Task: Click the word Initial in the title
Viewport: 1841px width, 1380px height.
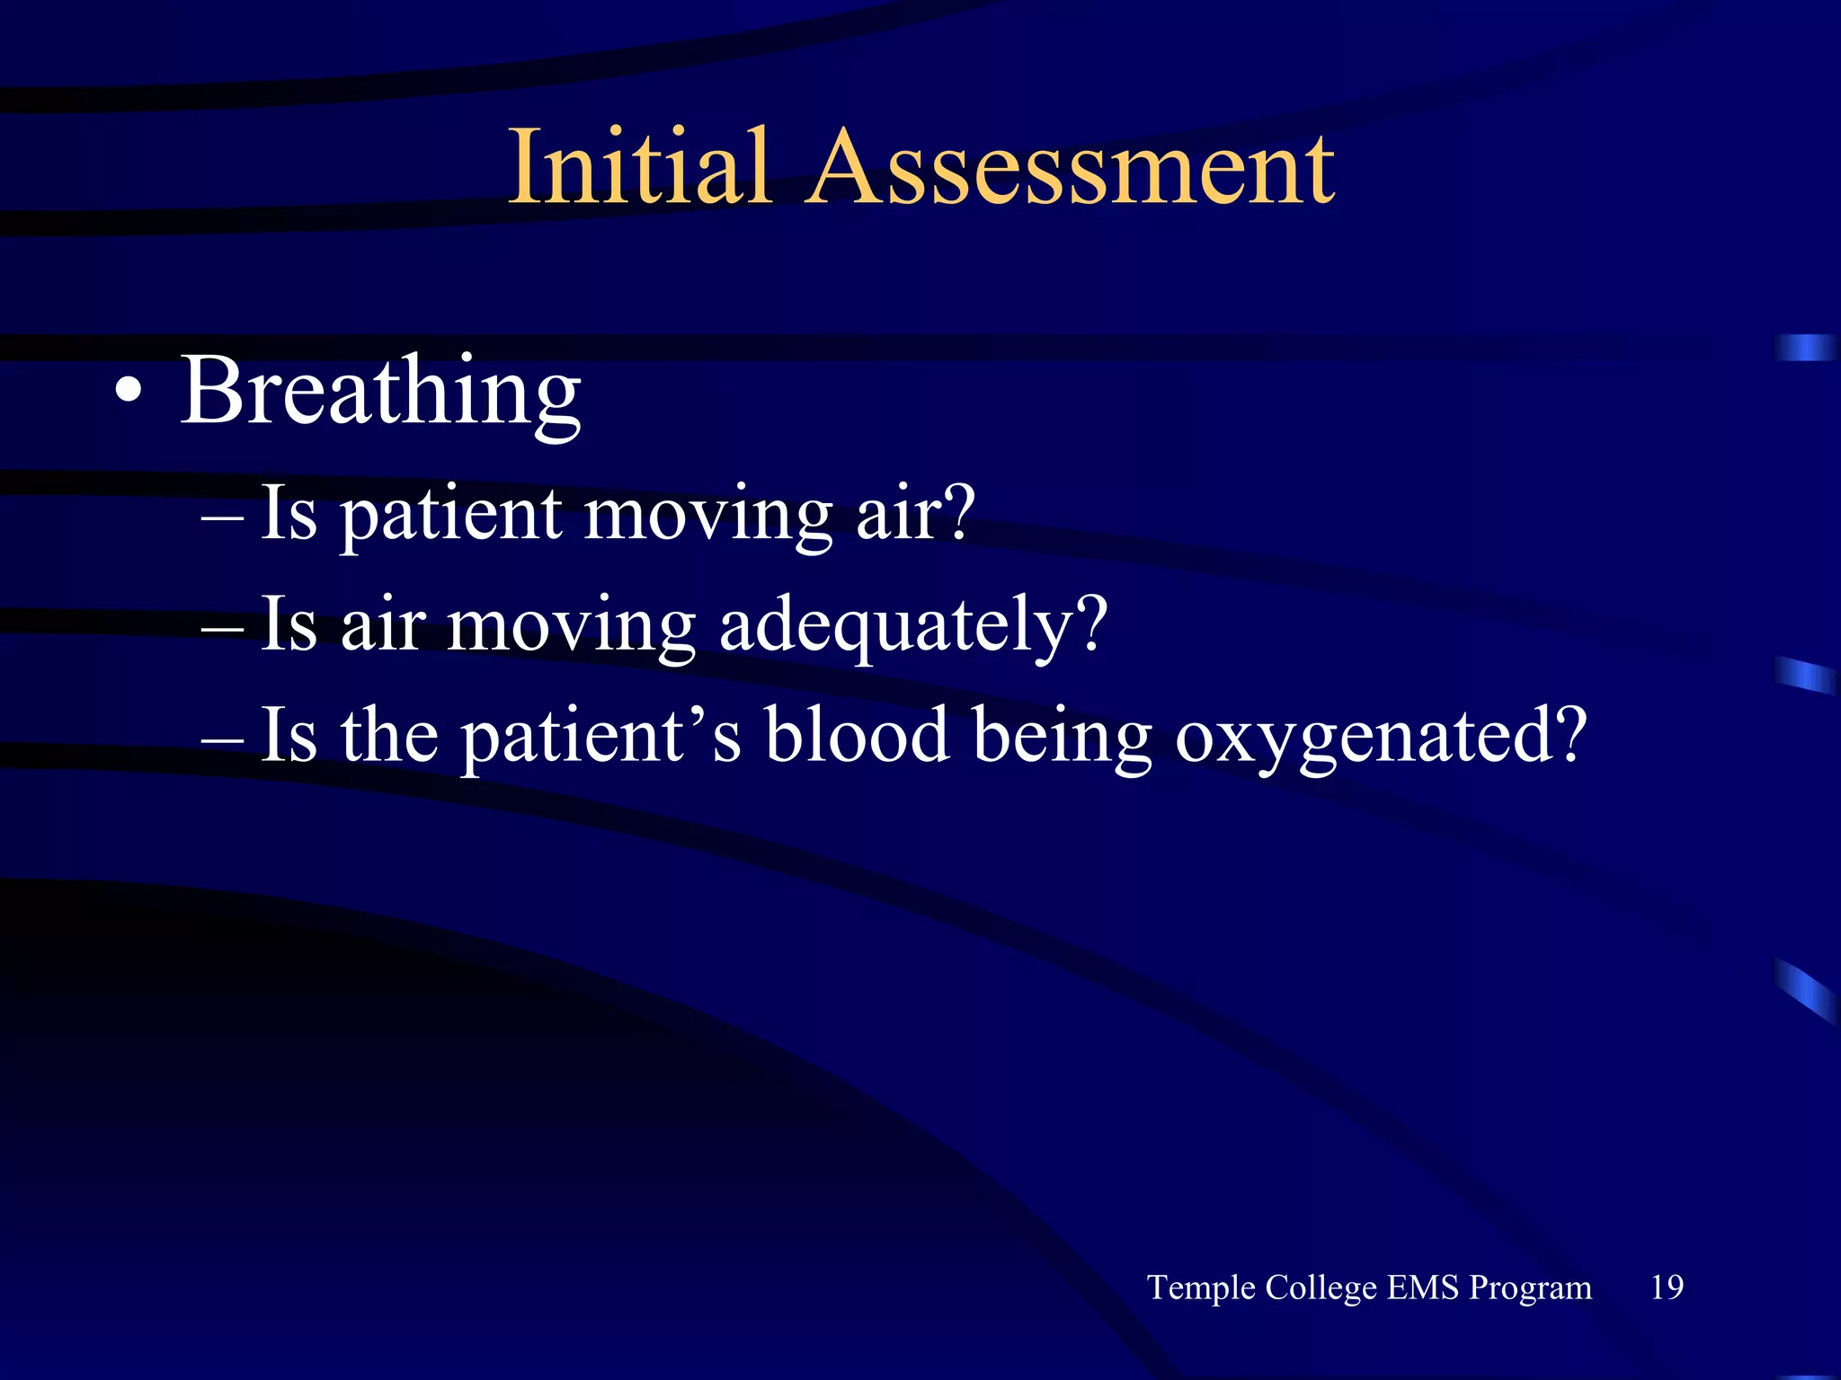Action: pyautogui.click(x=639, y=168)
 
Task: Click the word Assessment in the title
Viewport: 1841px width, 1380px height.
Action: pyautogui.click(x=1070, y=168)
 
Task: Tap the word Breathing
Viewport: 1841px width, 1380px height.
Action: pyautogui.click(x=381, y=393)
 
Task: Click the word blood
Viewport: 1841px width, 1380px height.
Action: pyautogui.click(x=857, y=735)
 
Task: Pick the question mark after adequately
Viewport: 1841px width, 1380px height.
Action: pyautogui.click(x=1091, y=624)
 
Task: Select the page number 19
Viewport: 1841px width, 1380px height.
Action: pyautogui.click(x=1667, y=1287)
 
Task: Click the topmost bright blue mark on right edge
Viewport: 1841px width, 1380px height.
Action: pyautogui.click(x=1805, y=348)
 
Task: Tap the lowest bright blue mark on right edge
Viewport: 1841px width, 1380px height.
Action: pyautogui.click(x=1805, y=990)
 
